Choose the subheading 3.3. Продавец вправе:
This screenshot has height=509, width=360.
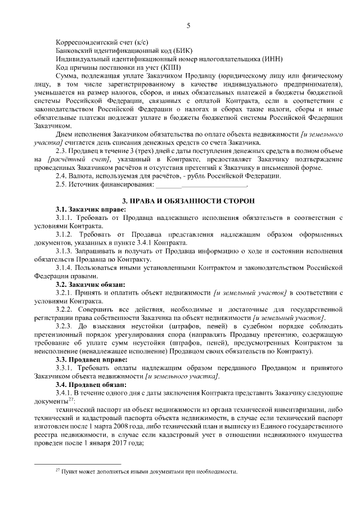tap(87, 360)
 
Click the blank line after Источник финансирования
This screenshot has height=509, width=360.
tap(201, 184)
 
